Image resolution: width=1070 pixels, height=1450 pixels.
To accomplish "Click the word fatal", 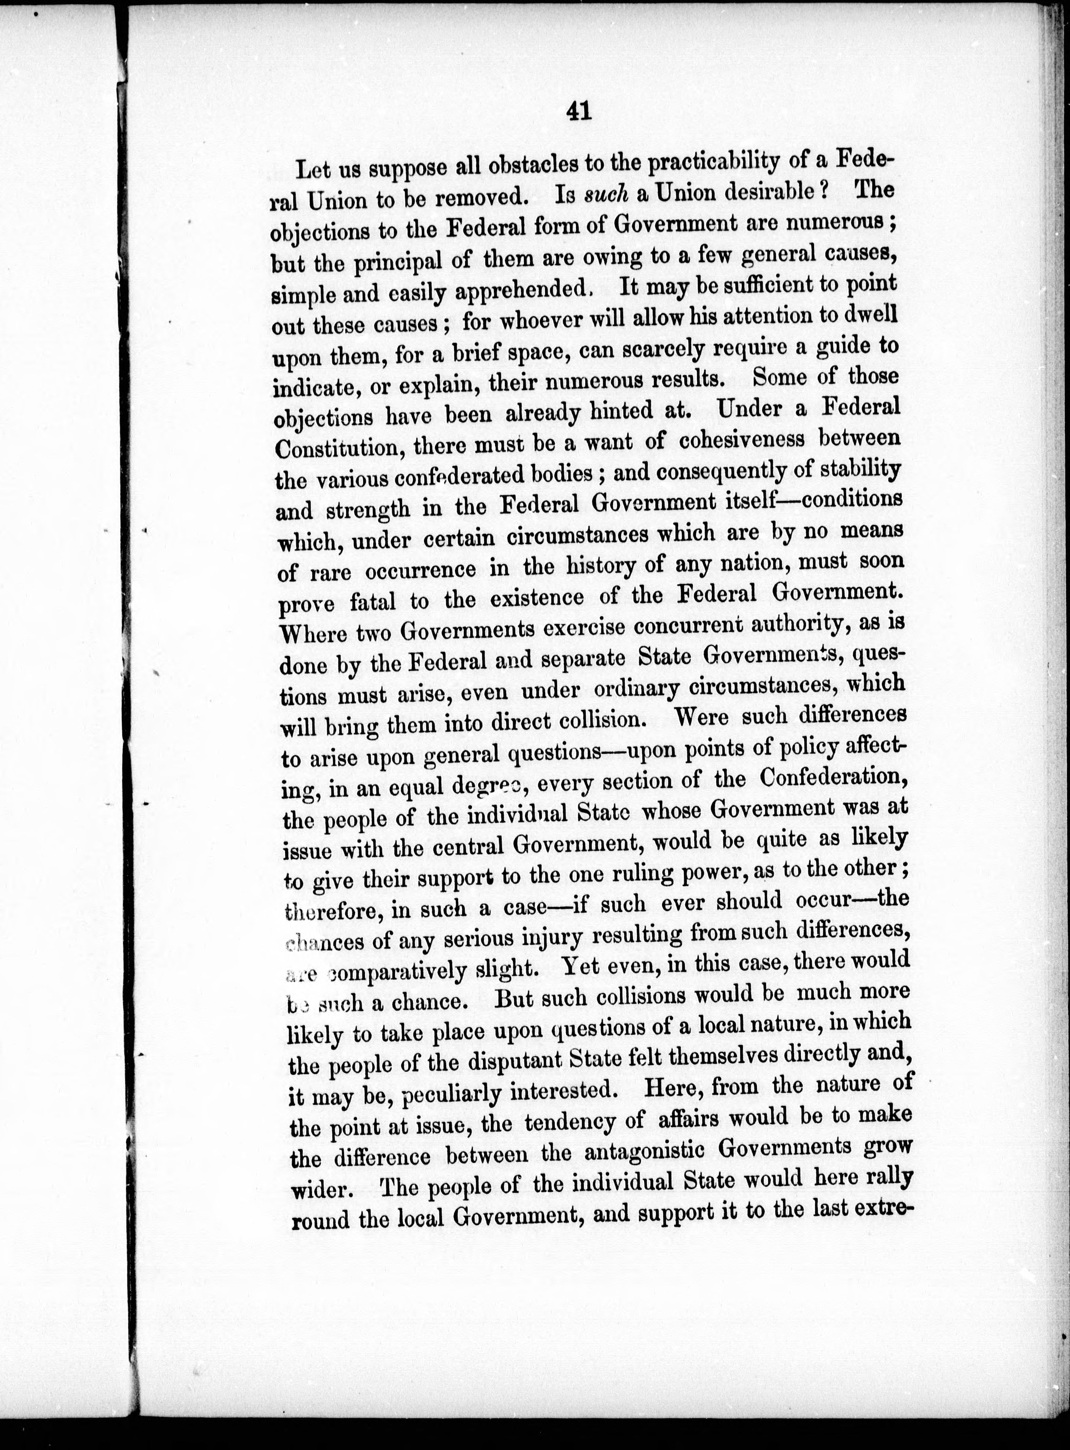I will click(372, 601).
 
